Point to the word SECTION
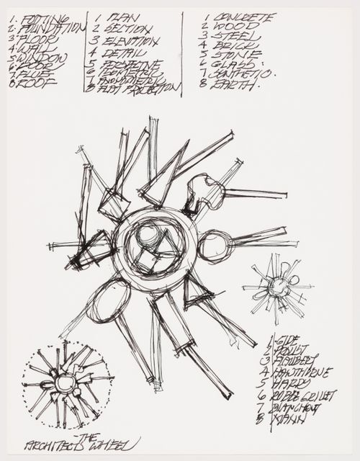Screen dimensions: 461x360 tap(129, 29)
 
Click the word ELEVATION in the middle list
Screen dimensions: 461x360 tap(132, 42)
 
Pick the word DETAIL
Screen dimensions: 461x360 tap(127, 55)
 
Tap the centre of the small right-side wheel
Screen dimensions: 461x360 tap(278, 287)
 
